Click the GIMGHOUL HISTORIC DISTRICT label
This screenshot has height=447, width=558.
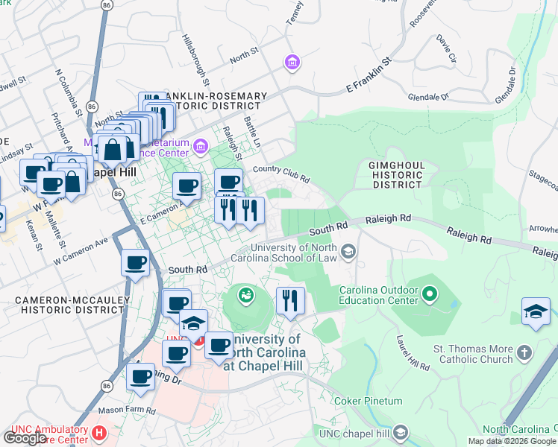coord(398,174)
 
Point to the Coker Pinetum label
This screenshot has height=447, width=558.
coord(368,401)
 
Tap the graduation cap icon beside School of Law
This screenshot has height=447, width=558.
coord(347,253)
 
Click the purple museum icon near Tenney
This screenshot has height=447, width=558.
coord(292,63)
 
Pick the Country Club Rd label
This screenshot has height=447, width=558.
coord(281,174)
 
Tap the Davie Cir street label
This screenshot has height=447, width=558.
coord(447,47)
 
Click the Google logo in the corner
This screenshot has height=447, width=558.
coord(25,438)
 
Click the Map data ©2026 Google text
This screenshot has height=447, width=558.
coord(512,441)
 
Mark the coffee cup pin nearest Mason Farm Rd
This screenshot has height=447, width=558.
coord(139,378)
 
